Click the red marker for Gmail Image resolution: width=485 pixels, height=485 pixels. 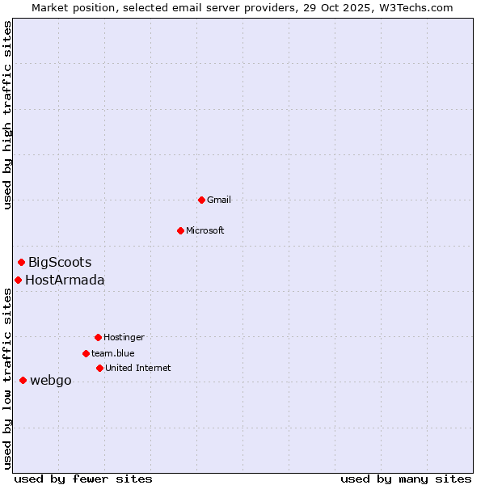[201, 200]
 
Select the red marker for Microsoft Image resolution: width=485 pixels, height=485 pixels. [180, 230]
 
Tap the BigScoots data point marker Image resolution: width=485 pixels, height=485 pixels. [22, 262]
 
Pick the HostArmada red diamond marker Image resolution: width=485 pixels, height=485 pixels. [18, 280]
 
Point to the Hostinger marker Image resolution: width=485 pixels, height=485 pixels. [98, 337]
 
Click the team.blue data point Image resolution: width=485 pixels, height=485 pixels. [86, 353]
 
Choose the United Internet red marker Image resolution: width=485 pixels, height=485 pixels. [99, 368]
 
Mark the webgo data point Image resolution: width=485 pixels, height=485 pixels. [23, 380]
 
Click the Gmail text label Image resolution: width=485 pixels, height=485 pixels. [219, 200]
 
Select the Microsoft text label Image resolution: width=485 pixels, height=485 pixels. [205, 230]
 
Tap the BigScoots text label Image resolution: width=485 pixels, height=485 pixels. [60, 262]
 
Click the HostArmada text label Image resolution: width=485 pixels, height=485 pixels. [65, 280]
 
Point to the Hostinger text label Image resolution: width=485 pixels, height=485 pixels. [124, 337]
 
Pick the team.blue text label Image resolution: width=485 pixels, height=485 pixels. [113, 353]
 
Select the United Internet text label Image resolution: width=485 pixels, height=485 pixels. [138, 368]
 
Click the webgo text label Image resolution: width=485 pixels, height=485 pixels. [51, 381]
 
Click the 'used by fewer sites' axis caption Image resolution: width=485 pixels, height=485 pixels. [83, 479]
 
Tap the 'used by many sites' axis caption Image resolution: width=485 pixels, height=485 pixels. [406, 479]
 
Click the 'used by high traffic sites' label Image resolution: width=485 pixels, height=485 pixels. [7, 115]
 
